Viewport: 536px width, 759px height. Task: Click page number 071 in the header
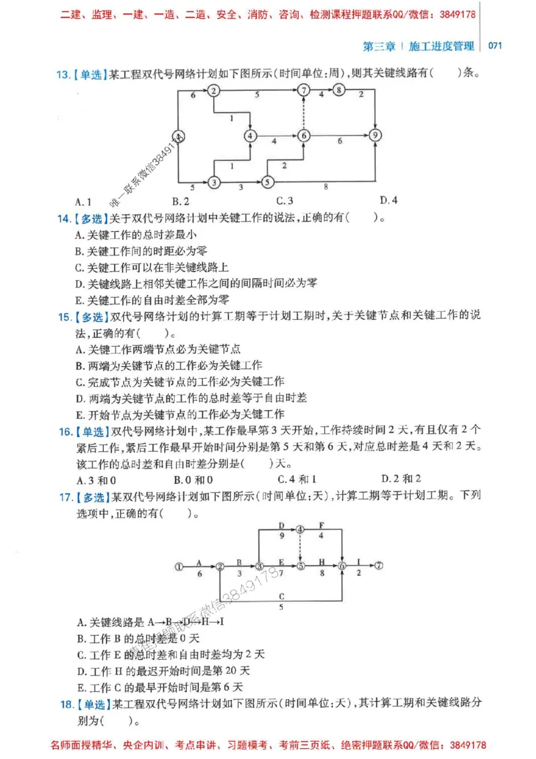tap(495, 46)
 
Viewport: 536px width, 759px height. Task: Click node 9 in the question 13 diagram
tap(376, 135)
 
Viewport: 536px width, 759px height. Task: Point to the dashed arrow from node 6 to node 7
tap(304, 113)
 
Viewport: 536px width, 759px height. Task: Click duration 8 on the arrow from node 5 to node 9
tap(326, 186)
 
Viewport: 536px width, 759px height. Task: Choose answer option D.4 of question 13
tap(388, 200)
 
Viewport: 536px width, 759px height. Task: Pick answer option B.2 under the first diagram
tap(181, 200)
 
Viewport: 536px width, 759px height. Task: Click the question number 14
tap(64, 218)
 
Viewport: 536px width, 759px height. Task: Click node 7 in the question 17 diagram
tap(379, 566)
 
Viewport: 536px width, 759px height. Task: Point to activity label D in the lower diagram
tap(281, 526)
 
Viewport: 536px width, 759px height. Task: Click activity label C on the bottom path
tap(281, 596)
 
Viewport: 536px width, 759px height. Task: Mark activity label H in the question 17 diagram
tap(322, 562)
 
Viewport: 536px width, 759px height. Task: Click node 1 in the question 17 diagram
tap(178, 566)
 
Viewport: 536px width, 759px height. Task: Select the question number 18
tap(64, 705)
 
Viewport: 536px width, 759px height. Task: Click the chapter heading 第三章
tap(379, 46)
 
